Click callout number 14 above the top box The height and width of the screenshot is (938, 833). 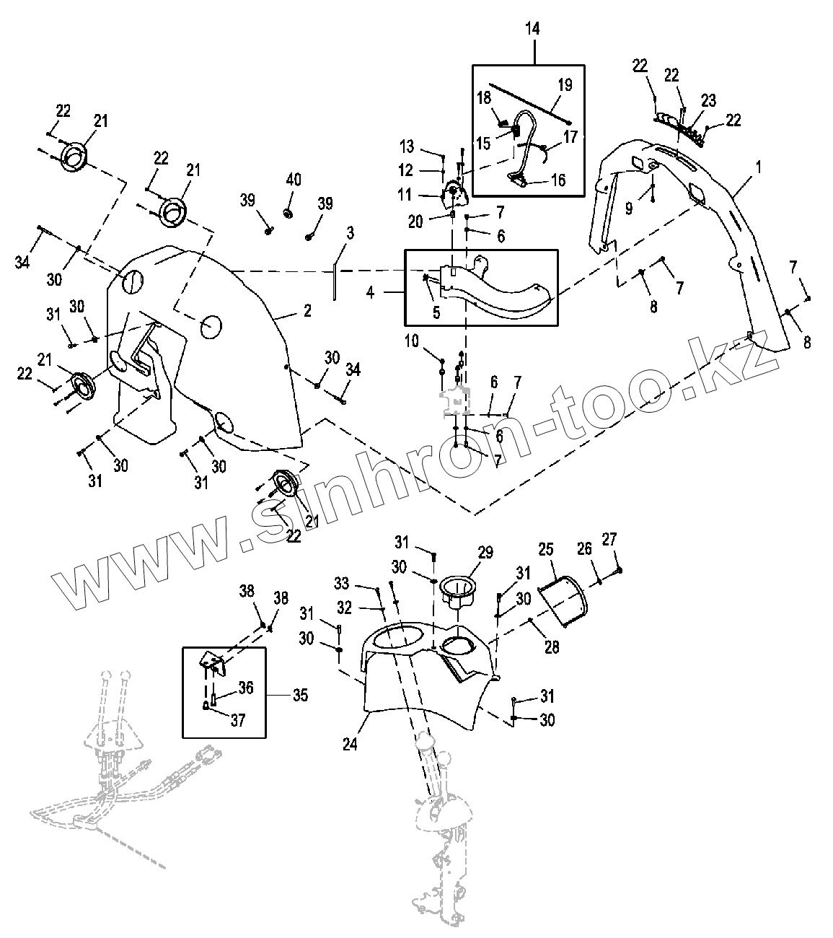click(x=534, y=29)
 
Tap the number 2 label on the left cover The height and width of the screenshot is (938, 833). click(x=307, y=311)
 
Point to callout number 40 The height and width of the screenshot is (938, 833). click(x=294, y=179)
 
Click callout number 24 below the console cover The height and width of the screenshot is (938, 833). click(x=350, y=744)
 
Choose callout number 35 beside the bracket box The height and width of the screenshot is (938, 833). click(x=299, y=696)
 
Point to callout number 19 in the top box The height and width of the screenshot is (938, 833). click(x=565, y=85)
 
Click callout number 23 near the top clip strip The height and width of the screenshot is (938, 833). click(x=708, y=101)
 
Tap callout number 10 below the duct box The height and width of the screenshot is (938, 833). click(x=411, y=341)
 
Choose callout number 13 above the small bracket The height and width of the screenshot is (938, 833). click(x=407, y=147)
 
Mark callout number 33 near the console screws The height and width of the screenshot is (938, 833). click(x=342, y=582)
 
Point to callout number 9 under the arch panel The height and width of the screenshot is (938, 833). click(x=629, y=209)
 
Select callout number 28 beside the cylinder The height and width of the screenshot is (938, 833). click(x=552, y=646)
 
